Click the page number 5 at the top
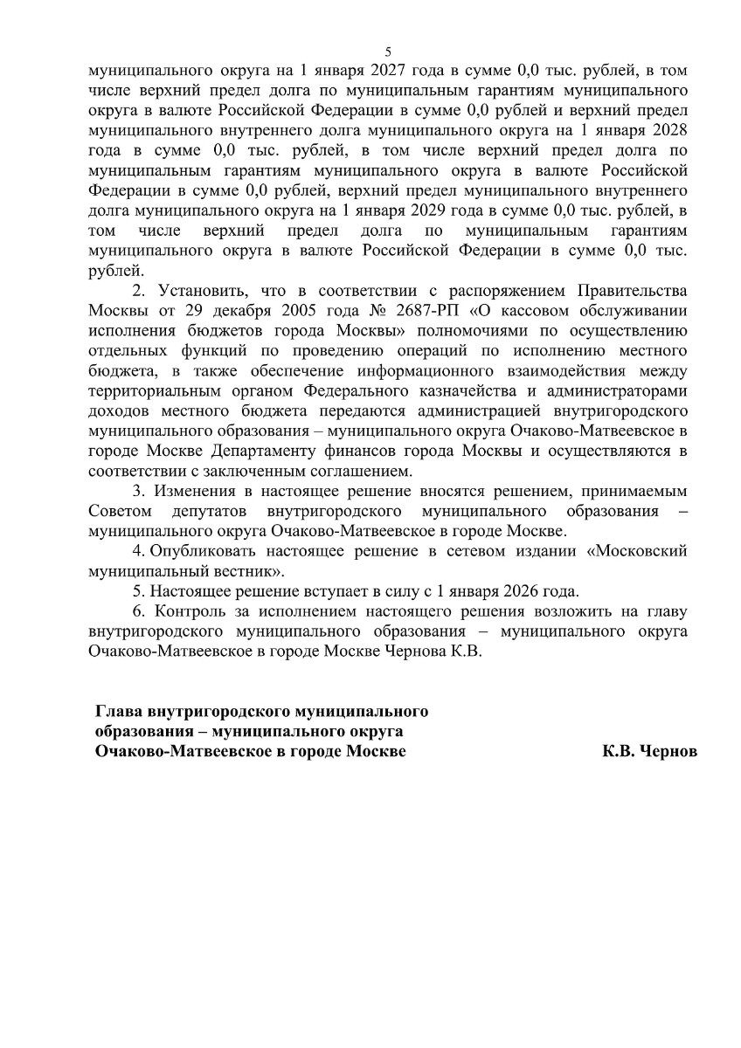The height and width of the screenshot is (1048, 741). tap(388, 52)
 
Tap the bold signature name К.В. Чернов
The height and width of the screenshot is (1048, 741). tap(649, 751)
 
